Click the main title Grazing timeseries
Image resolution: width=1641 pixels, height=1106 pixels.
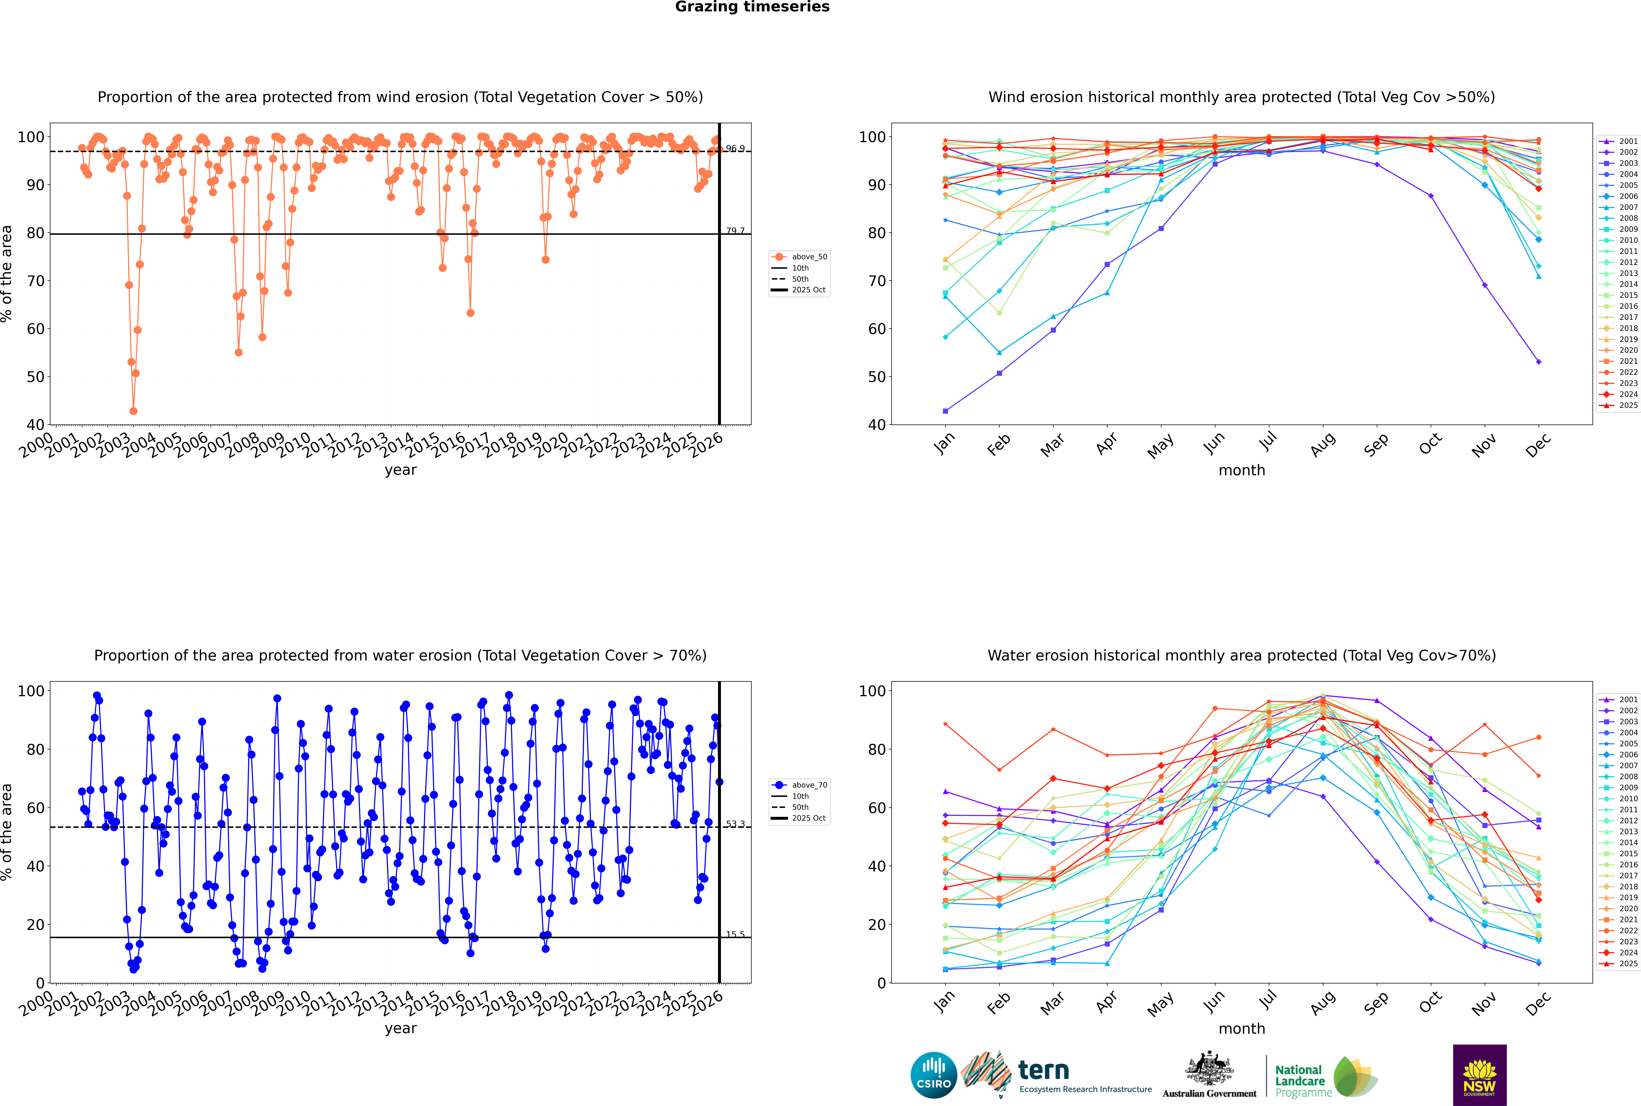(752, 7)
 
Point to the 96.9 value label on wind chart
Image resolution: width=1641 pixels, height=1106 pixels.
(735, 149)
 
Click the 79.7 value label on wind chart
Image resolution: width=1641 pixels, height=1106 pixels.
(735, 231)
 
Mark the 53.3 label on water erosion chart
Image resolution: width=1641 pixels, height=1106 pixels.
(735, 824)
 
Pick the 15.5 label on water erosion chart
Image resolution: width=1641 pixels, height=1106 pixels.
(735, 935)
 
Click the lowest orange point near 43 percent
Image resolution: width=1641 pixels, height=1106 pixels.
(133, 411)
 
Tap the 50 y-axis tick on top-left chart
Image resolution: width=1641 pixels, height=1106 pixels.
(35, 377)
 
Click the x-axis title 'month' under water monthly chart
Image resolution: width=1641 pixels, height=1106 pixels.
(1242, 1028)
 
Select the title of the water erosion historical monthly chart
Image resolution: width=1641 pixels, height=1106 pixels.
(1242, 655)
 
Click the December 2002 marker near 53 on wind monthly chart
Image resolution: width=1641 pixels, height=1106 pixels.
(1539, 362)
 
